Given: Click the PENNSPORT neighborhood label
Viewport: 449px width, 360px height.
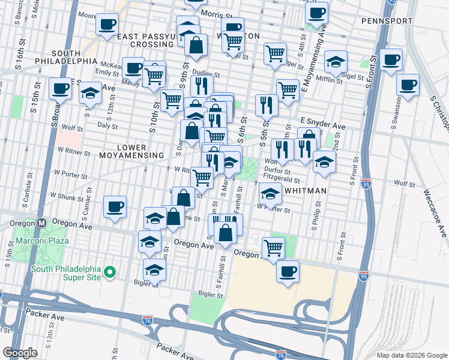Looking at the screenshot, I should point(387,21).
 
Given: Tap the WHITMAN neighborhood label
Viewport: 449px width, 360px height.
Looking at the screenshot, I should point(306,191).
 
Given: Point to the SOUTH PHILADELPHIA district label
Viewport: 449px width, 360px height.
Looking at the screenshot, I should point(67,57).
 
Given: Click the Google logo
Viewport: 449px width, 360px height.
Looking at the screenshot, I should point(20,353).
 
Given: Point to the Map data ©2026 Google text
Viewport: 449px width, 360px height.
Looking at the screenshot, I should point(412,354).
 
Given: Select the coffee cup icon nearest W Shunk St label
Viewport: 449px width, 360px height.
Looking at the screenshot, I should point(114,206).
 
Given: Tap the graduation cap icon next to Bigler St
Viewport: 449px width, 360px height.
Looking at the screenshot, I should point(154,270).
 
